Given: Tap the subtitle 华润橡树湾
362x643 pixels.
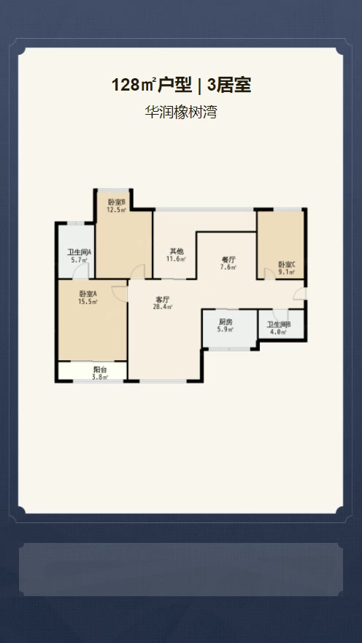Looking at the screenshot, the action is tap(180, 112).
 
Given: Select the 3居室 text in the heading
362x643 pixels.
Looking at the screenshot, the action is tap(229, 85).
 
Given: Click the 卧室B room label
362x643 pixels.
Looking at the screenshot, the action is tap(116, 202).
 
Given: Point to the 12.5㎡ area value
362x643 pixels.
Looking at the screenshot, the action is tap(116, 210).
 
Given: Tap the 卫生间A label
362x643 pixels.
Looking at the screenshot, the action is tap(79, 253).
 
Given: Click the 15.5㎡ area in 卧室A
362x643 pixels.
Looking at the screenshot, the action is tap(88, 302).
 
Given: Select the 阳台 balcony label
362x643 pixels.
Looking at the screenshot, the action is tap(100, 370).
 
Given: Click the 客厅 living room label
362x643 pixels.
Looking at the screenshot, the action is tap(163, 299).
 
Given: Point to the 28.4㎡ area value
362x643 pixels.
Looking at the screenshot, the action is tap(163, 307).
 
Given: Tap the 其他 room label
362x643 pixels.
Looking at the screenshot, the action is tap(177, 251).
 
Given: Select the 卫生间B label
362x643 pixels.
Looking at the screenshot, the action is tap(279, 324).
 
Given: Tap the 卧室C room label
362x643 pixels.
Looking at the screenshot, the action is tap(286, 264).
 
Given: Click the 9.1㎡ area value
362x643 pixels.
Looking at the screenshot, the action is tap(286, 272).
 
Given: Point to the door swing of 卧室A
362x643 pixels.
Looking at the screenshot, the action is tap(120, 293).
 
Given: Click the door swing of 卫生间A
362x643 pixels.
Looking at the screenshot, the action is tap(81, 271).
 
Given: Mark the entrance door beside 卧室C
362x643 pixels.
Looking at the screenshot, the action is tap(300, 293).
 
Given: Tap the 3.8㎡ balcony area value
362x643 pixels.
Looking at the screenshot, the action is tap(100, 377).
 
